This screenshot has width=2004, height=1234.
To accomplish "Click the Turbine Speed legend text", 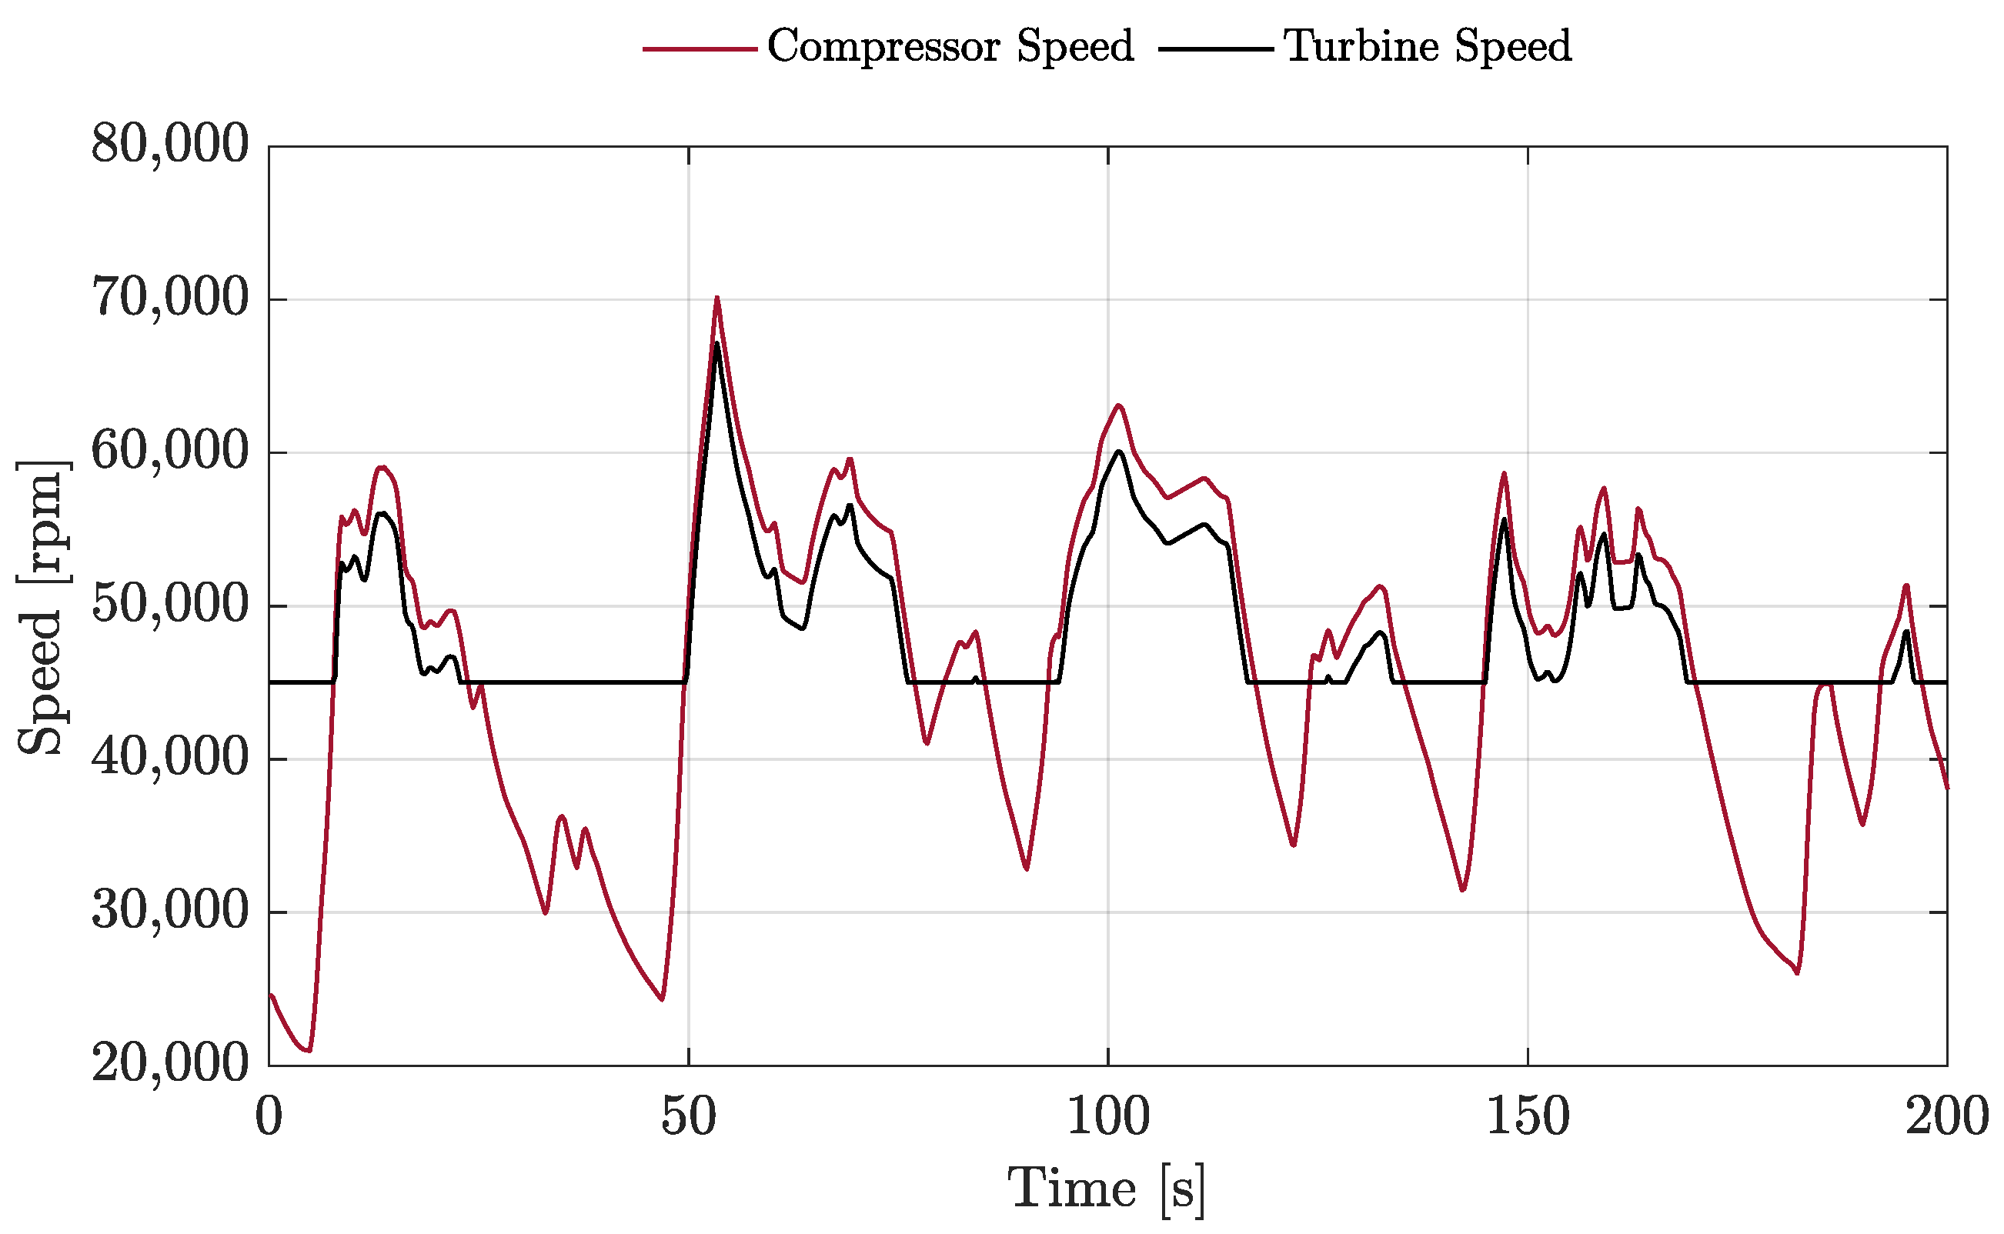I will [1427, 46].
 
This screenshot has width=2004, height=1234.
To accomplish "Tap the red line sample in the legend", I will [700, 49].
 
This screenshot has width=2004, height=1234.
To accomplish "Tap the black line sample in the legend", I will [1215, 49].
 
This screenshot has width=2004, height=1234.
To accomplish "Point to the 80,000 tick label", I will [170, 145].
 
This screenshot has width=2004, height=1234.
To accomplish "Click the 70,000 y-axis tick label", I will [170, 298].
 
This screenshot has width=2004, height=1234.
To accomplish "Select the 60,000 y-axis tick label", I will [170, 452].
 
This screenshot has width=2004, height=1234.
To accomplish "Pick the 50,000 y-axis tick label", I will [170, 605].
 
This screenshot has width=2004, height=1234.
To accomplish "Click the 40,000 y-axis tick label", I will [170, 759].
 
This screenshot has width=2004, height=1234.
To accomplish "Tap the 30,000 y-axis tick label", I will [170, 911].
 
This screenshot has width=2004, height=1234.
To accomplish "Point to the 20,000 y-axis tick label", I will [170, 1063].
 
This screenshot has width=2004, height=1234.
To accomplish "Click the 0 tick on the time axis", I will [269, 1116].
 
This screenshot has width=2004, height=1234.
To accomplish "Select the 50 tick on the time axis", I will [688, 1116].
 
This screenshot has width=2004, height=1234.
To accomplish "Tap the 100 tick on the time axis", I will [1107, 1116].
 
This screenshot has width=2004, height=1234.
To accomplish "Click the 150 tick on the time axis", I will [1528, 1116].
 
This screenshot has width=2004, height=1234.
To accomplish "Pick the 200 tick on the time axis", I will [1947, 1116].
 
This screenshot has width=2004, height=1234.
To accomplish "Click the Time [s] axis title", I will [1107, 1190].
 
